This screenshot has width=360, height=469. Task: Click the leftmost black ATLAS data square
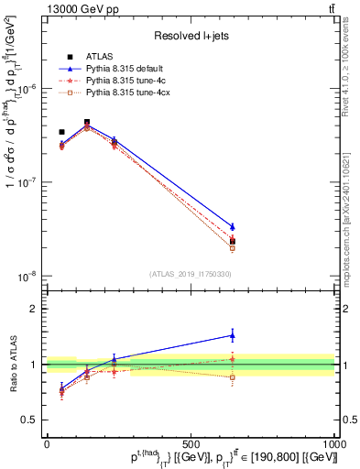(x=61, y=132)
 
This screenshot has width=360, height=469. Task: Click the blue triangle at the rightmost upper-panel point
(x=232, y=226)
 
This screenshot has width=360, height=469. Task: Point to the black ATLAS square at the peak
(x=87, y=122)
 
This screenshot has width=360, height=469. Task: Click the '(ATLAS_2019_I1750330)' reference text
(x=191, y=274)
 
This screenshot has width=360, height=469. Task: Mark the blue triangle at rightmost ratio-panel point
(x=232, y=335)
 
